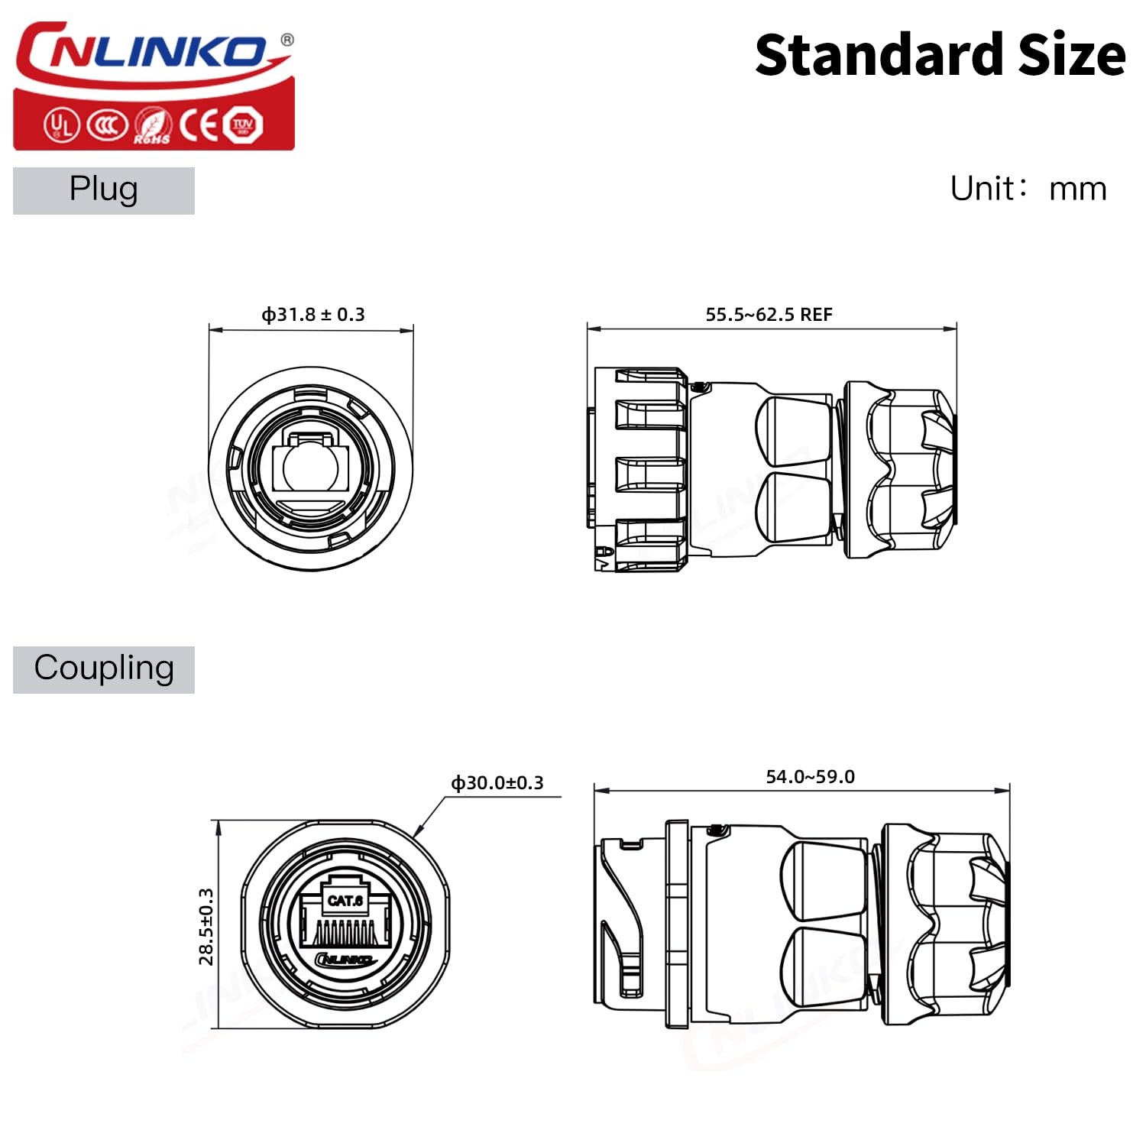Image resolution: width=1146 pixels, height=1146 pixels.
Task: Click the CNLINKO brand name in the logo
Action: pos(145,52)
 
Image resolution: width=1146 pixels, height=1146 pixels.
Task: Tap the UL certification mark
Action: pos(60,125)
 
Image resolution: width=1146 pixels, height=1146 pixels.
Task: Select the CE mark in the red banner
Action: pos(200,125)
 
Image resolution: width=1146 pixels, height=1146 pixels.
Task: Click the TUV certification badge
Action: pos(243,125)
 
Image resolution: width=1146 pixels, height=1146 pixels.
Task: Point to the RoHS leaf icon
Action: pos(152,125)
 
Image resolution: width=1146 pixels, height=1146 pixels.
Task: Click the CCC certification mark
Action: pos(106,125)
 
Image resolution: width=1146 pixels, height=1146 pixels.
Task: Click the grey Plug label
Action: pos(104,190)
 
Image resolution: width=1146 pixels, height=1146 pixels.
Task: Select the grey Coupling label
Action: pos(104,669)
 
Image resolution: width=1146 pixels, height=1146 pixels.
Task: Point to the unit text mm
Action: pos(1077,189)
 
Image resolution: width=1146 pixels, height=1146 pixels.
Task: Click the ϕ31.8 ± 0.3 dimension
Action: pos(313,315)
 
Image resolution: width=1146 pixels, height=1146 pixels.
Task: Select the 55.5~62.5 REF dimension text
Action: pos(769,315)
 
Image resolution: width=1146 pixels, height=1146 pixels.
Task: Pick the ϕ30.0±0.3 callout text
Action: pos(497,783)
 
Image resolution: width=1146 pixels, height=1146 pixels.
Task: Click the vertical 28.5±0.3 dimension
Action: pos(206,926)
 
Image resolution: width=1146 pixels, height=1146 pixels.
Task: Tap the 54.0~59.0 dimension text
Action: pos(810,777)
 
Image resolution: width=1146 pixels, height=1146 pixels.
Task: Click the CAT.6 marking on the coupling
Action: pos(345,901)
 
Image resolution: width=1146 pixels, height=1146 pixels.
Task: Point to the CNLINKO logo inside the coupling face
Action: pos(345,960)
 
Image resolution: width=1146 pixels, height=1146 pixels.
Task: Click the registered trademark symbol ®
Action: pos(286,40)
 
